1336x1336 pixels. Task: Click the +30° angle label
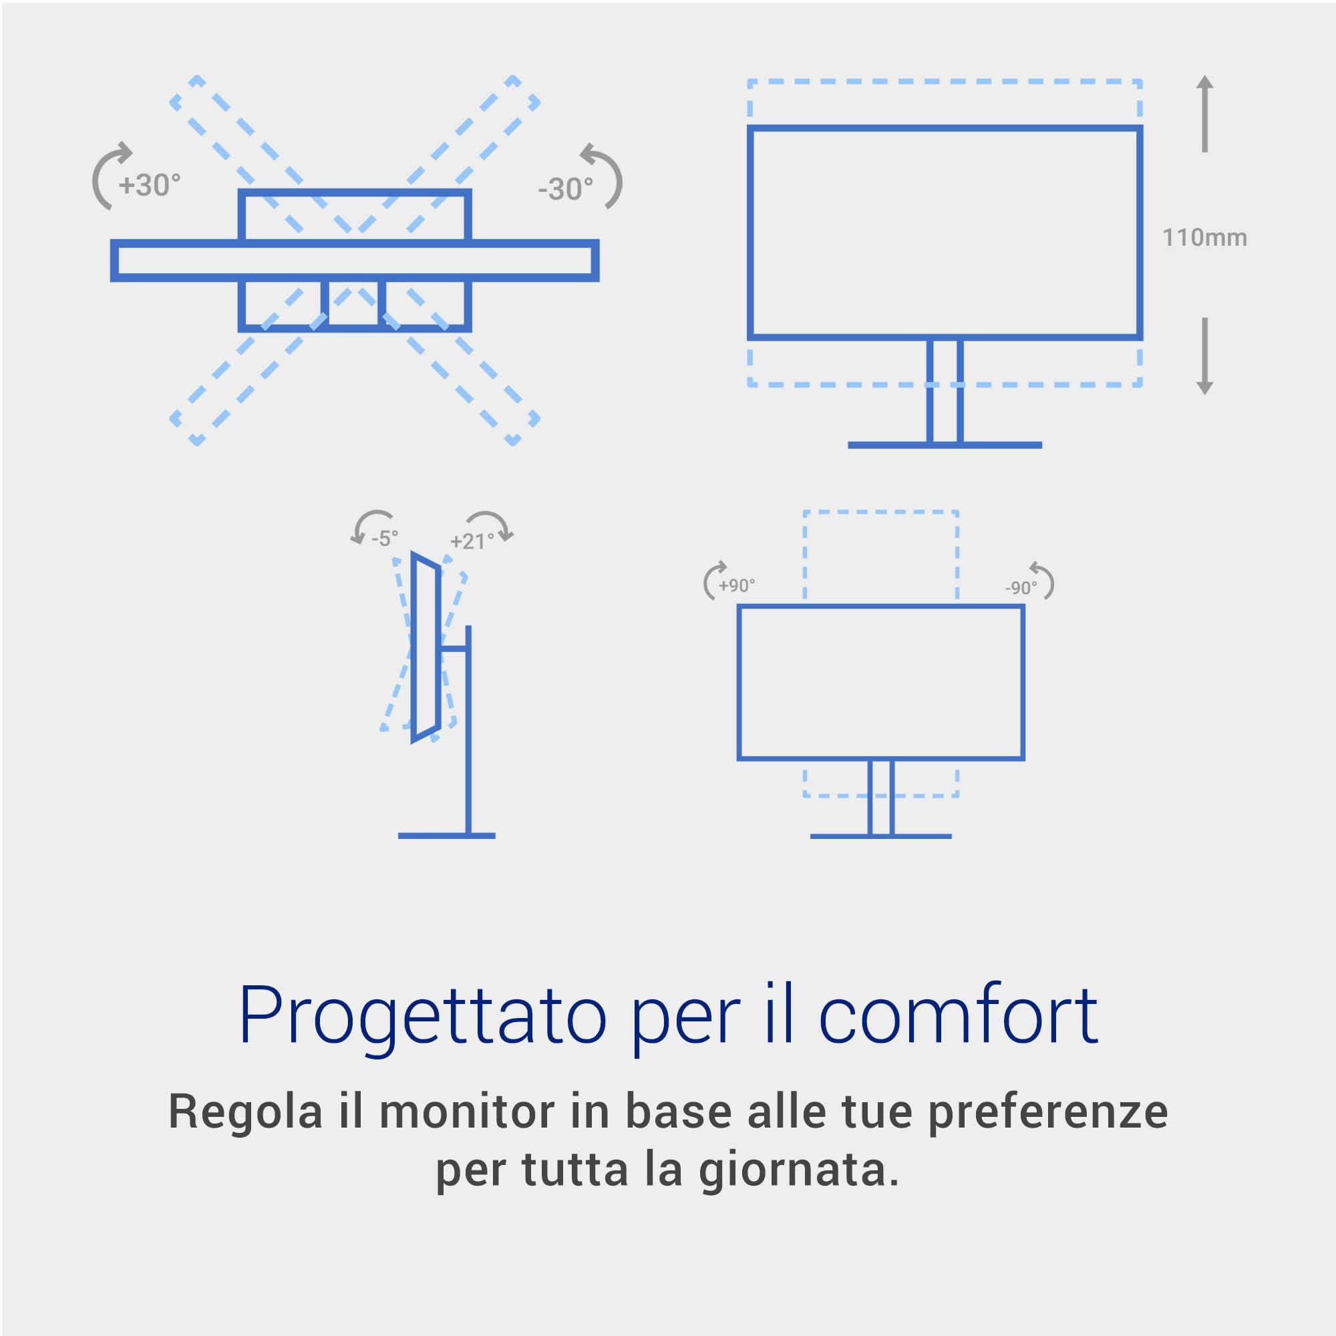(x=150, y=184)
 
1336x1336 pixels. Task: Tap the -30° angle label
(x=566, y=189)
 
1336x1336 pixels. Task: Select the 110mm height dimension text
(x=1204, y=237)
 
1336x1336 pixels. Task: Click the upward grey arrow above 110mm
(x=1204, y=114)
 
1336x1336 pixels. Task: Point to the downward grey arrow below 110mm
(x=1204, y=356)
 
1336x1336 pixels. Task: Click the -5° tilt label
(x=385, y=538)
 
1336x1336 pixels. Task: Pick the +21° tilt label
(x=472, y=541)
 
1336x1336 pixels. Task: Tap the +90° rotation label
(x=736, y=585)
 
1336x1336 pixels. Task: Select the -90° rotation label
(x=1021, y=588)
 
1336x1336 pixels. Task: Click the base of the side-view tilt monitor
(x=447, y=836)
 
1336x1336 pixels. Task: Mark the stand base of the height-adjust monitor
(x=945, y=446)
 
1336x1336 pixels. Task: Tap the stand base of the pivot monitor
(x=881, y=837)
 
